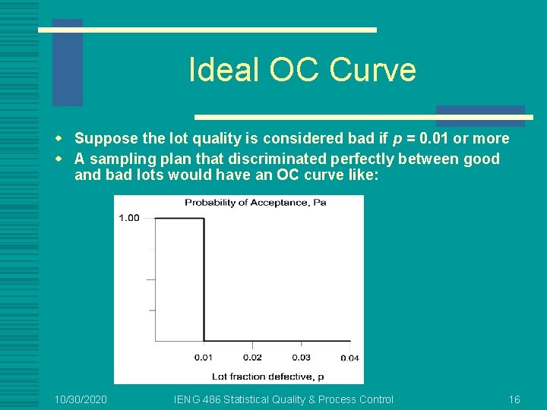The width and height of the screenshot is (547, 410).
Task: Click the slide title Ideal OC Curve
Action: point(302,70)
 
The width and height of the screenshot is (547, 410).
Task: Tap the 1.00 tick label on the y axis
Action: point(129,218)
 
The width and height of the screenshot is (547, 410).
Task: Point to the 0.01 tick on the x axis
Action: point(203,357)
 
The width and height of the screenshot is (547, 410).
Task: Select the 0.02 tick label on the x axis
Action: point(252,357)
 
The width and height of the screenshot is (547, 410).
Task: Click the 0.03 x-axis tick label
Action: point(301,357)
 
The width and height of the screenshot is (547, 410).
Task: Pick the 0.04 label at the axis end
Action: point(349,358)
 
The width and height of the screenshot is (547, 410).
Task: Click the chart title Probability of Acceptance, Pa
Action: point(255,203)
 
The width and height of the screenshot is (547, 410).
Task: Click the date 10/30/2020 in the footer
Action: point(81,399)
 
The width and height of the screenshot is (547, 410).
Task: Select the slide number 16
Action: point(514,399)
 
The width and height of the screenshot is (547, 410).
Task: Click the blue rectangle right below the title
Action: point(480,115)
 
